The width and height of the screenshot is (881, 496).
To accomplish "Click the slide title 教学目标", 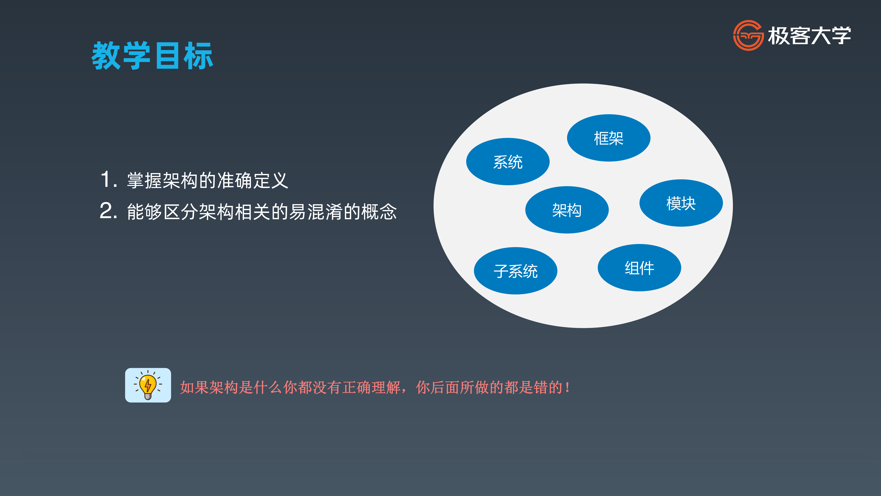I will click(x=152, y=56).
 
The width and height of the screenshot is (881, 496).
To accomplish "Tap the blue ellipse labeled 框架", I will click(x=608, y=138).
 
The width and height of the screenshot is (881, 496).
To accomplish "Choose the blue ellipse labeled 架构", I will click(x=567, y=210).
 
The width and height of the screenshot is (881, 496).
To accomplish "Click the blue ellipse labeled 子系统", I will click(x=515, y=271).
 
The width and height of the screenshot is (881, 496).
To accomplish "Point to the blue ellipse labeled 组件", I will click(x=639, y=268).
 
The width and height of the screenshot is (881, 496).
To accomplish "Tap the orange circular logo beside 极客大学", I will click(x=748, y=35).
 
